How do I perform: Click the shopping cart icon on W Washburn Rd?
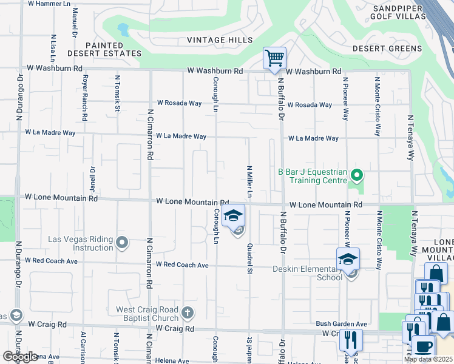(x=274, y=59)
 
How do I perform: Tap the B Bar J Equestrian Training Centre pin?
(x=357, y=177)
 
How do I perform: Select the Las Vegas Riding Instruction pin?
(x=122, y=243)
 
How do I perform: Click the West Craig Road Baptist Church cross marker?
(x=188, y=314)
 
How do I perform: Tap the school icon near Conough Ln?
(x=233, y=215)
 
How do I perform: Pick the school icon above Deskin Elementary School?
(x=348, y=259)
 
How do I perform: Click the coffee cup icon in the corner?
(x=422, y=347)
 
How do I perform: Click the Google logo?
(x=19, y=357)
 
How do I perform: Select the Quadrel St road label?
(x=249, y=258)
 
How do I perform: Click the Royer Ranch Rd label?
(x=85, y=97)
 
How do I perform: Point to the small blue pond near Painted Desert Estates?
(x=123, y=29)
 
